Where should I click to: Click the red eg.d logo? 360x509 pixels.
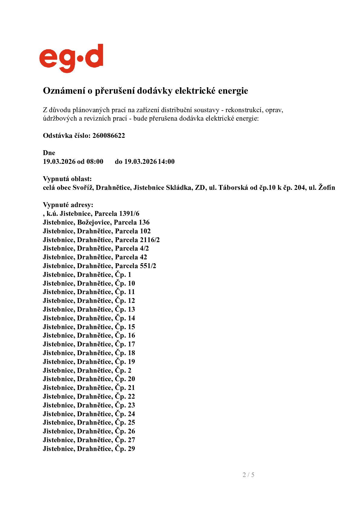(71, 58)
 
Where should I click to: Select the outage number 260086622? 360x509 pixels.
(109, 135)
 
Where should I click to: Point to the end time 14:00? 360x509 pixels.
(166, 161)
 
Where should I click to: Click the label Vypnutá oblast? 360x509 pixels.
(67, 179)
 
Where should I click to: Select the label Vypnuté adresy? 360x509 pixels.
(68, 205)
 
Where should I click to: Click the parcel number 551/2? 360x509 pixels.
(148, 266)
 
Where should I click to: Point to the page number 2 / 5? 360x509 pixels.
(248, 475)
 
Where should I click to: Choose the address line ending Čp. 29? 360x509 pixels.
(89, 449)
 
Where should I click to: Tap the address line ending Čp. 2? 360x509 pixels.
(87, 371)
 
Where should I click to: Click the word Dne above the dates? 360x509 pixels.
(49, 153)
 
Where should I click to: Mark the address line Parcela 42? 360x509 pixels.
(95, 257)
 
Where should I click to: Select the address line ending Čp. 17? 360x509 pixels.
(89, 344)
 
